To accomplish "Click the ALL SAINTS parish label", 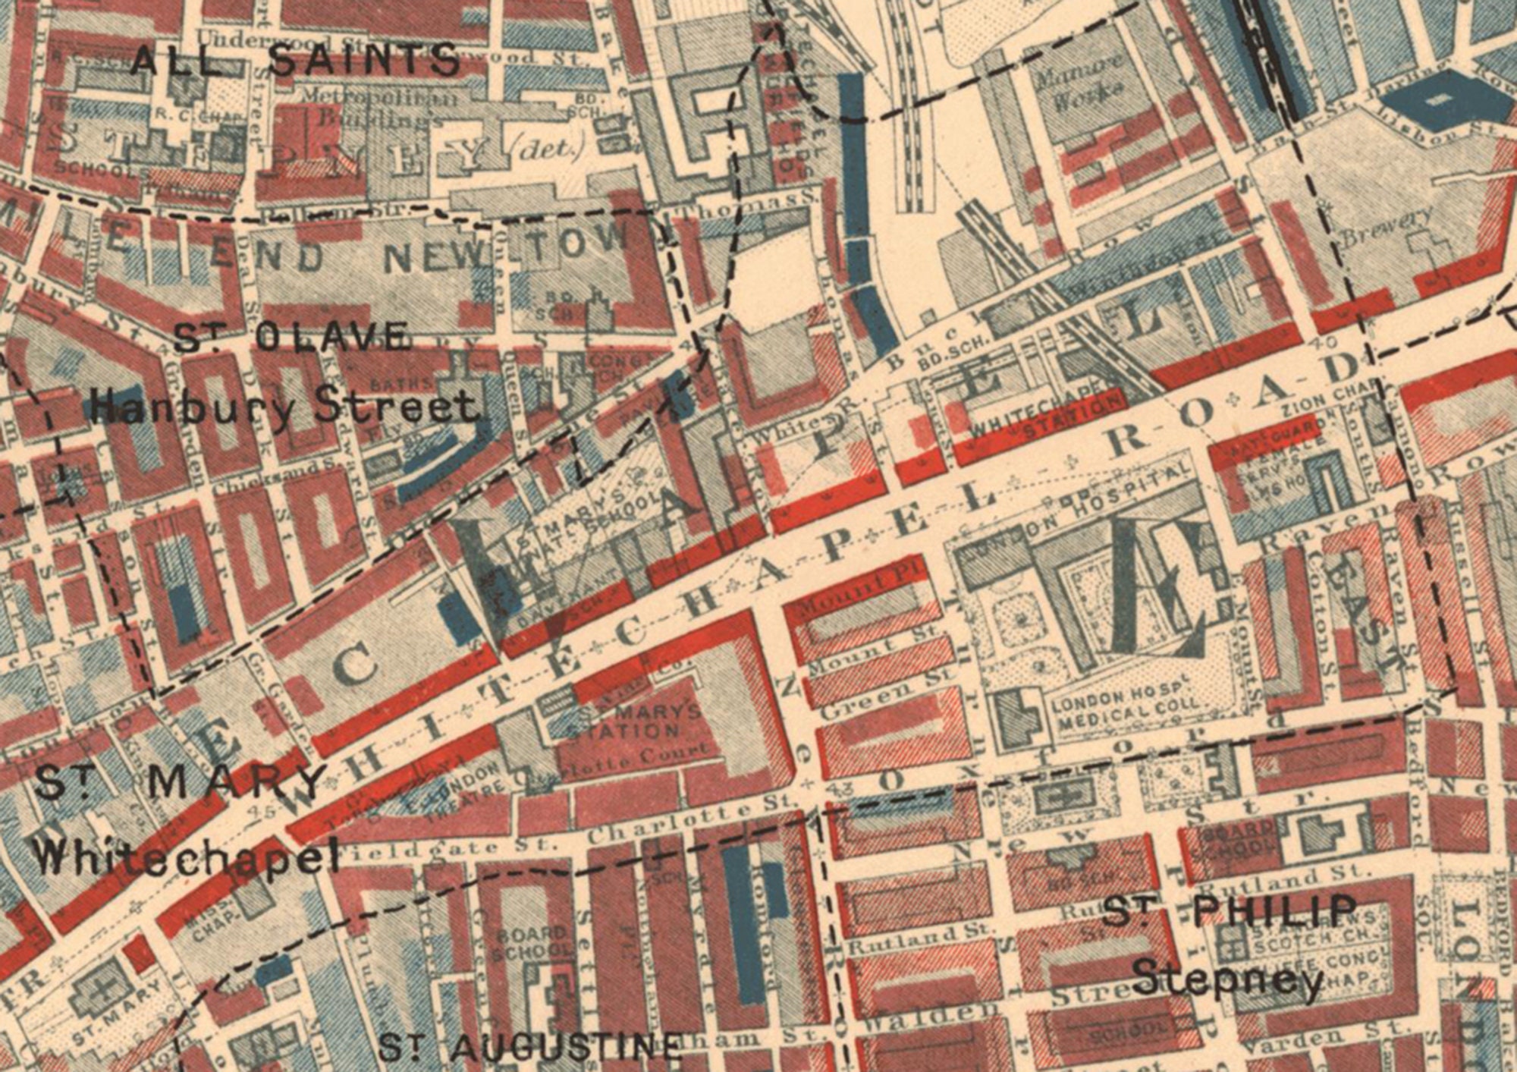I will (296, 60).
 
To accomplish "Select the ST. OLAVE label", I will (292, 338).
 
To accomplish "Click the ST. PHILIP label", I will (1229, 910).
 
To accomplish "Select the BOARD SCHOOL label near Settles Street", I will (531, 941).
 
